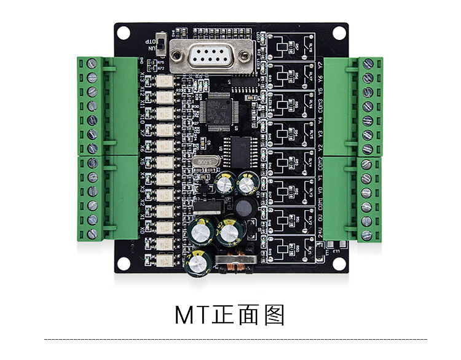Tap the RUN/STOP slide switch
(x=161, y=44)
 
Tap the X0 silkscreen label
(x=143, y=230)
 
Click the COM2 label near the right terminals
(x=320, y=164)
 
